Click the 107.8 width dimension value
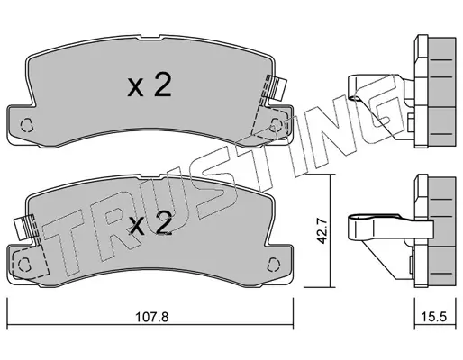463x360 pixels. point(152,317)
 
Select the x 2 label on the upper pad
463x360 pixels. point(150,85)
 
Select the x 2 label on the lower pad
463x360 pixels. point(150,224)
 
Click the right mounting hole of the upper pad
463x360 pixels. point(276,124)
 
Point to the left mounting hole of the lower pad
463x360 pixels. point(23,264)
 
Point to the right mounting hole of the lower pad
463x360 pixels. point(273,264)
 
